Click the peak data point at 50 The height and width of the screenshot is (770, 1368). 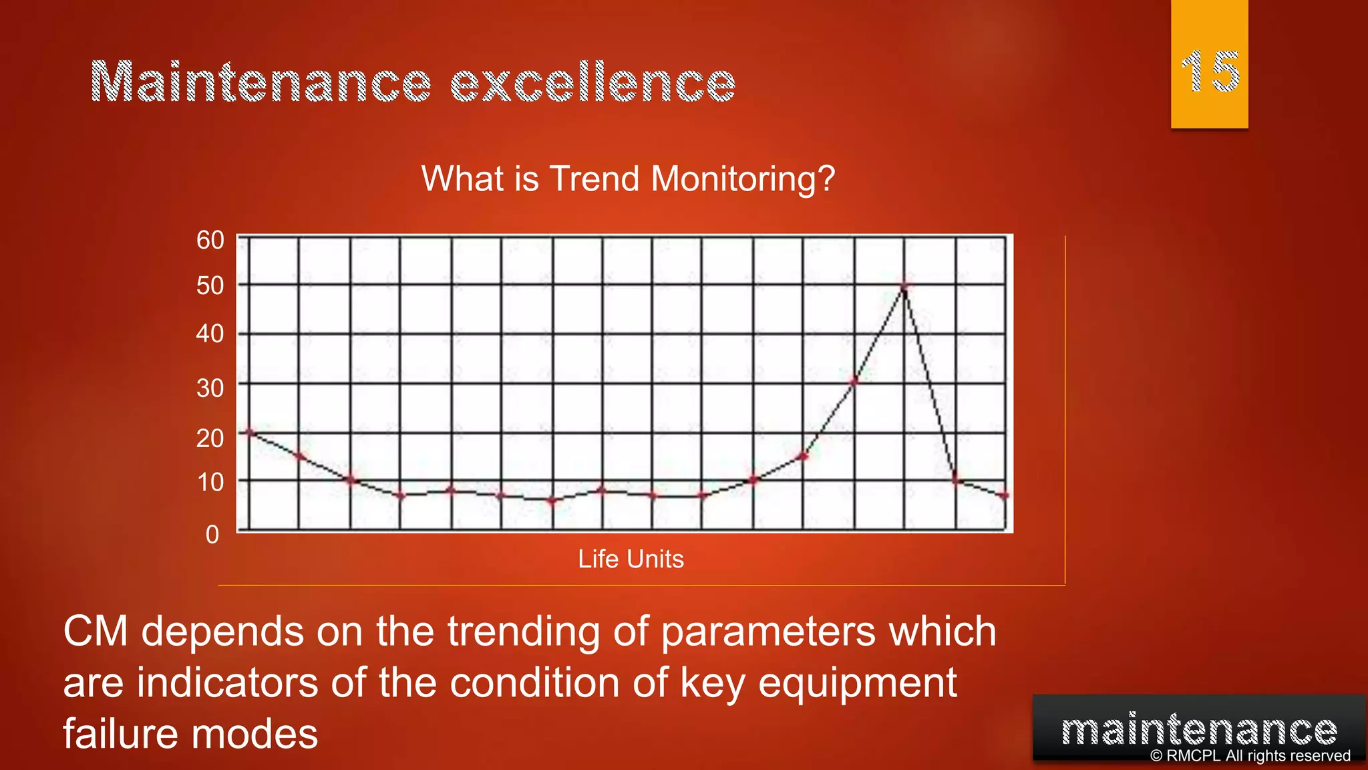pyautogui.click(x=904, y=287)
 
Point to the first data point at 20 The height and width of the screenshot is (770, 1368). pyautogui.click(x=250, y=432)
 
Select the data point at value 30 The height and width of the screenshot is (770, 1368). pyautogui.click(x=854, y=382)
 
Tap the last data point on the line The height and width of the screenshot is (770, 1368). pyautogui.click(x=1005, y=496)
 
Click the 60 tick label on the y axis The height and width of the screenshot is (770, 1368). pyautogui.click(x=210, y=240)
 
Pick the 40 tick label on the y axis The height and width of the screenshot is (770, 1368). pyautogui.click(x=210, y=334)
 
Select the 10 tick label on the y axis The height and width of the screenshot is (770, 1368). pyautogui.click(x=210, y=482)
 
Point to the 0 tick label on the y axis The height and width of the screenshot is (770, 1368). pyautogui.click(x=212, y=535)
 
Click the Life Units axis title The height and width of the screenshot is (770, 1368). pyautogui.click(x=631, y=559)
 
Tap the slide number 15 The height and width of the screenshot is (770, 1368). pyautogui.click(x=1210, y=72)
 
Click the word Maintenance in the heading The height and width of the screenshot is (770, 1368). pyautogui.click(x=261, y=83)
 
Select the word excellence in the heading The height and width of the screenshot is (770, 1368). pyautogui.click(x=592, y=83)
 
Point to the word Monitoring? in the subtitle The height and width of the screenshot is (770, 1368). pyautogui.click(x=743, y=179)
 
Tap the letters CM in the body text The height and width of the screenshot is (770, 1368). pyautogui.click(x=95, y=632)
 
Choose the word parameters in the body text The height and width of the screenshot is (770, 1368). pyautogui.click(x=767, y=632)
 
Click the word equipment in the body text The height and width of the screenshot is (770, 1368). pyautogui.click(x=858, y=683)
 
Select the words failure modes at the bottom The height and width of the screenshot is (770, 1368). pyautogui.click(x=190, y=734)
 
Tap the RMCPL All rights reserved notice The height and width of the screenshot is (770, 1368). pyautogui.click(x=1250, y=756)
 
